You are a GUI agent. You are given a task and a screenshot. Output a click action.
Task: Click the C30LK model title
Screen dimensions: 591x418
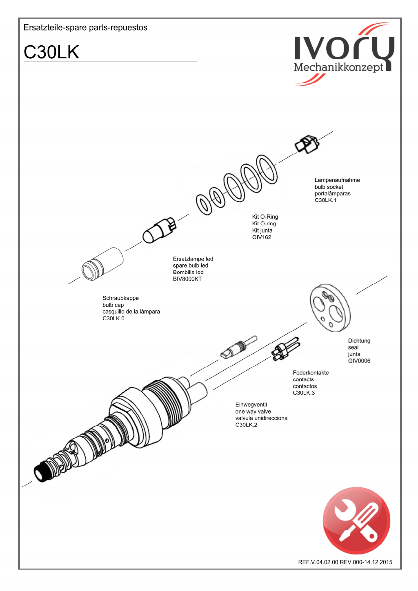51,52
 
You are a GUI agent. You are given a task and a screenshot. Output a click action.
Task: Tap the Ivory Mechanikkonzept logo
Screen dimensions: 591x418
344,54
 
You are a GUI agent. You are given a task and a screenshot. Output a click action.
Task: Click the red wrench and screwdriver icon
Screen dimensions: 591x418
356,520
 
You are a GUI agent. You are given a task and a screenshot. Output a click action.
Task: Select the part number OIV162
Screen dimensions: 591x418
262,237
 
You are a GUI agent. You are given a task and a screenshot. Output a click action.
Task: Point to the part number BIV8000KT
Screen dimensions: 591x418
187,279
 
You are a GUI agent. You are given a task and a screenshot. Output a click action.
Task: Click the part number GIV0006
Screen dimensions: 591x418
359,361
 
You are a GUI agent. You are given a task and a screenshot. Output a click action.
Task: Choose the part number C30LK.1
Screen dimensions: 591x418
325,200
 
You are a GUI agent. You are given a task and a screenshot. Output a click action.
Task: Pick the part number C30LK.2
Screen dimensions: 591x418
246,425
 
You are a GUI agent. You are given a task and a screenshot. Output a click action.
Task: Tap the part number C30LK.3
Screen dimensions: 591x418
304,393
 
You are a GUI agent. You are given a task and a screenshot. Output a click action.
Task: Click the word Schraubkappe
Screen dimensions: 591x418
120,298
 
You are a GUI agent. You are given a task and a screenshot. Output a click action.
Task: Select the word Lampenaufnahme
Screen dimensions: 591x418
337,180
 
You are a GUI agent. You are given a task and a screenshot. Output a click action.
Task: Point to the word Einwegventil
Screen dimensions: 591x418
251,405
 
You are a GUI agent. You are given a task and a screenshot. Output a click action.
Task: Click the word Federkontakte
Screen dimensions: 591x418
311,373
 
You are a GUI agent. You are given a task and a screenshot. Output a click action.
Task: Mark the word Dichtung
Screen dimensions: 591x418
359,341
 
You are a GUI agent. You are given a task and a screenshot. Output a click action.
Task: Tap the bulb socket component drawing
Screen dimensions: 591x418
307,144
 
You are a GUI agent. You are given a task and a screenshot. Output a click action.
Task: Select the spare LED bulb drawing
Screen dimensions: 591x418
159,230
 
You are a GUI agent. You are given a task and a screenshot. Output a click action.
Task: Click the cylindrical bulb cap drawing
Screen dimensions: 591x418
102,264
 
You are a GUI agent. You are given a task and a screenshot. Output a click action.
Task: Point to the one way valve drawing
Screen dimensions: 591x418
238,348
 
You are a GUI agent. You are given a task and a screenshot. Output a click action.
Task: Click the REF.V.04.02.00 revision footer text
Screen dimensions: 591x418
345,562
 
